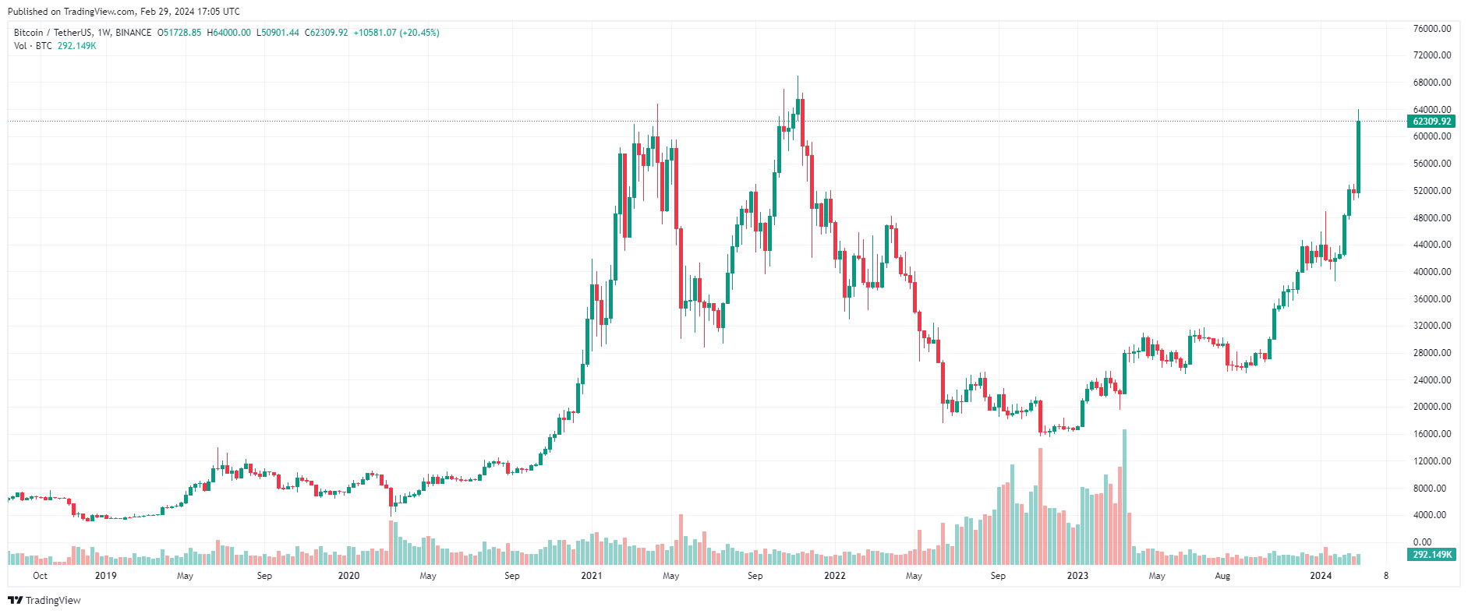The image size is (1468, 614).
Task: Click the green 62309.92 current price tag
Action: point(1432,122)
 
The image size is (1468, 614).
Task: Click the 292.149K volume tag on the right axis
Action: point(1432,555)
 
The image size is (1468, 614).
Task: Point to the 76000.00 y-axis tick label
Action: point(1432,29)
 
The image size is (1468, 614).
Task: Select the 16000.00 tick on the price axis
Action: point(1432,434)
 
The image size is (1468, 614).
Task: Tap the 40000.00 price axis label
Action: point(1432,272)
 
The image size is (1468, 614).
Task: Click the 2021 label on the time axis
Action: point(592,576)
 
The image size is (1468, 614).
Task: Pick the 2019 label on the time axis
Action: point(105,576)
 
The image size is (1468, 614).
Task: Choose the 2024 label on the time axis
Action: point(1321,576)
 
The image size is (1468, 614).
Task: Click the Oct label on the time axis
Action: point(40,576)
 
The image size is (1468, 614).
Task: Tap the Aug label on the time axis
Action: point(1222,576)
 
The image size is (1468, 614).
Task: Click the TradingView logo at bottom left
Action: point(44,600)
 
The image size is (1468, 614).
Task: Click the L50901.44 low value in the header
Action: point(278,33)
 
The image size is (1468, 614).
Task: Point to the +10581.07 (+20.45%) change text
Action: point(396,33)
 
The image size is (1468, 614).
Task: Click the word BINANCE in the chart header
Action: point(133,33)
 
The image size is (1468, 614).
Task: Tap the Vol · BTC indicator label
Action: point(33,46)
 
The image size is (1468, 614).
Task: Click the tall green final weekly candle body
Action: point(1358,156)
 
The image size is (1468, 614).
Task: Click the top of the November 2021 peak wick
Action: point(798,77)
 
